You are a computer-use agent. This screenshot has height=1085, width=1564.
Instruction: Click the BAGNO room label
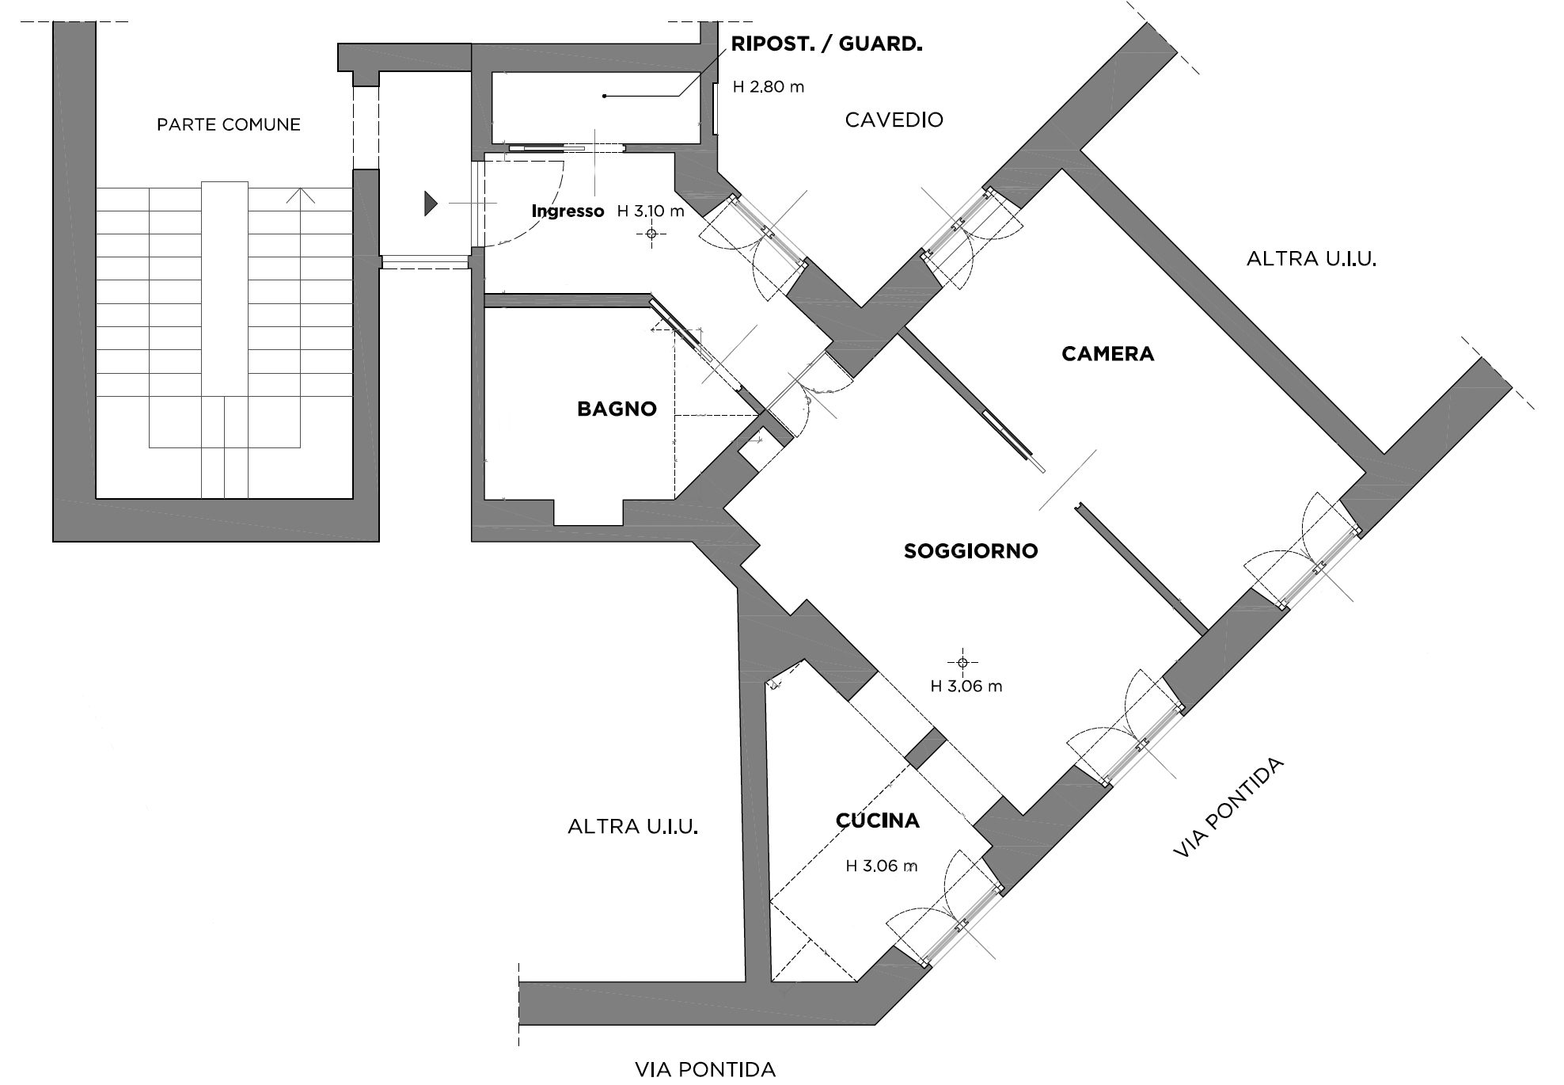click(617, 409)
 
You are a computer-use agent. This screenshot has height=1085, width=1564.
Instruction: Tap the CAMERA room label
click(1107, 354)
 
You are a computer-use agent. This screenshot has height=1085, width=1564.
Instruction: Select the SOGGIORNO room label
click(970, 551)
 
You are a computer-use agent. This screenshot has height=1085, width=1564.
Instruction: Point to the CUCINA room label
click(878, 820)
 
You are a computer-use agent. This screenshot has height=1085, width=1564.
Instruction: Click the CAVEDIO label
click(894, 120)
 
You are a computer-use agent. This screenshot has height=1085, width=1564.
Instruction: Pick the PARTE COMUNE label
click(229, 125)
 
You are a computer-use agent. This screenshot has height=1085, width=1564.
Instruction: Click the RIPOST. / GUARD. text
click(826, 44)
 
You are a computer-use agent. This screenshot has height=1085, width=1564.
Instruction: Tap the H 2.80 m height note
click(768, 87)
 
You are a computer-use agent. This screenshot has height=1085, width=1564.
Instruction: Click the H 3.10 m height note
click(650, 211)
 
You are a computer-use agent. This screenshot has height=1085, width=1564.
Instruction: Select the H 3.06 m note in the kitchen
click(881, 866)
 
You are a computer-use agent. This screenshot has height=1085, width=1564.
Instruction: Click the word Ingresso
click(568, 211)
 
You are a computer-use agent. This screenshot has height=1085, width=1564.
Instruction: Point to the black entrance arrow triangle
click(430, 204)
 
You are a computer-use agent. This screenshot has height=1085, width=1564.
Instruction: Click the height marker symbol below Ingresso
click(651, 234)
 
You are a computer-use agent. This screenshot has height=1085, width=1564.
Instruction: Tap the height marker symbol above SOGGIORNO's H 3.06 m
click(962, 662)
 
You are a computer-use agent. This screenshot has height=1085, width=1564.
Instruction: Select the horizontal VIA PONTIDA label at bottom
click(704, 1070)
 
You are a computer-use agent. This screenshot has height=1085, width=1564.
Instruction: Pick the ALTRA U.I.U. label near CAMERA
click(1311, 259)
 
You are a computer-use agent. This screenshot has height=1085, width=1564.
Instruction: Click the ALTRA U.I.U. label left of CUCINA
click(632, 827)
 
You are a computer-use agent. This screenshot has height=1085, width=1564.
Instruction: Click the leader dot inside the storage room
click(605, 97)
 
